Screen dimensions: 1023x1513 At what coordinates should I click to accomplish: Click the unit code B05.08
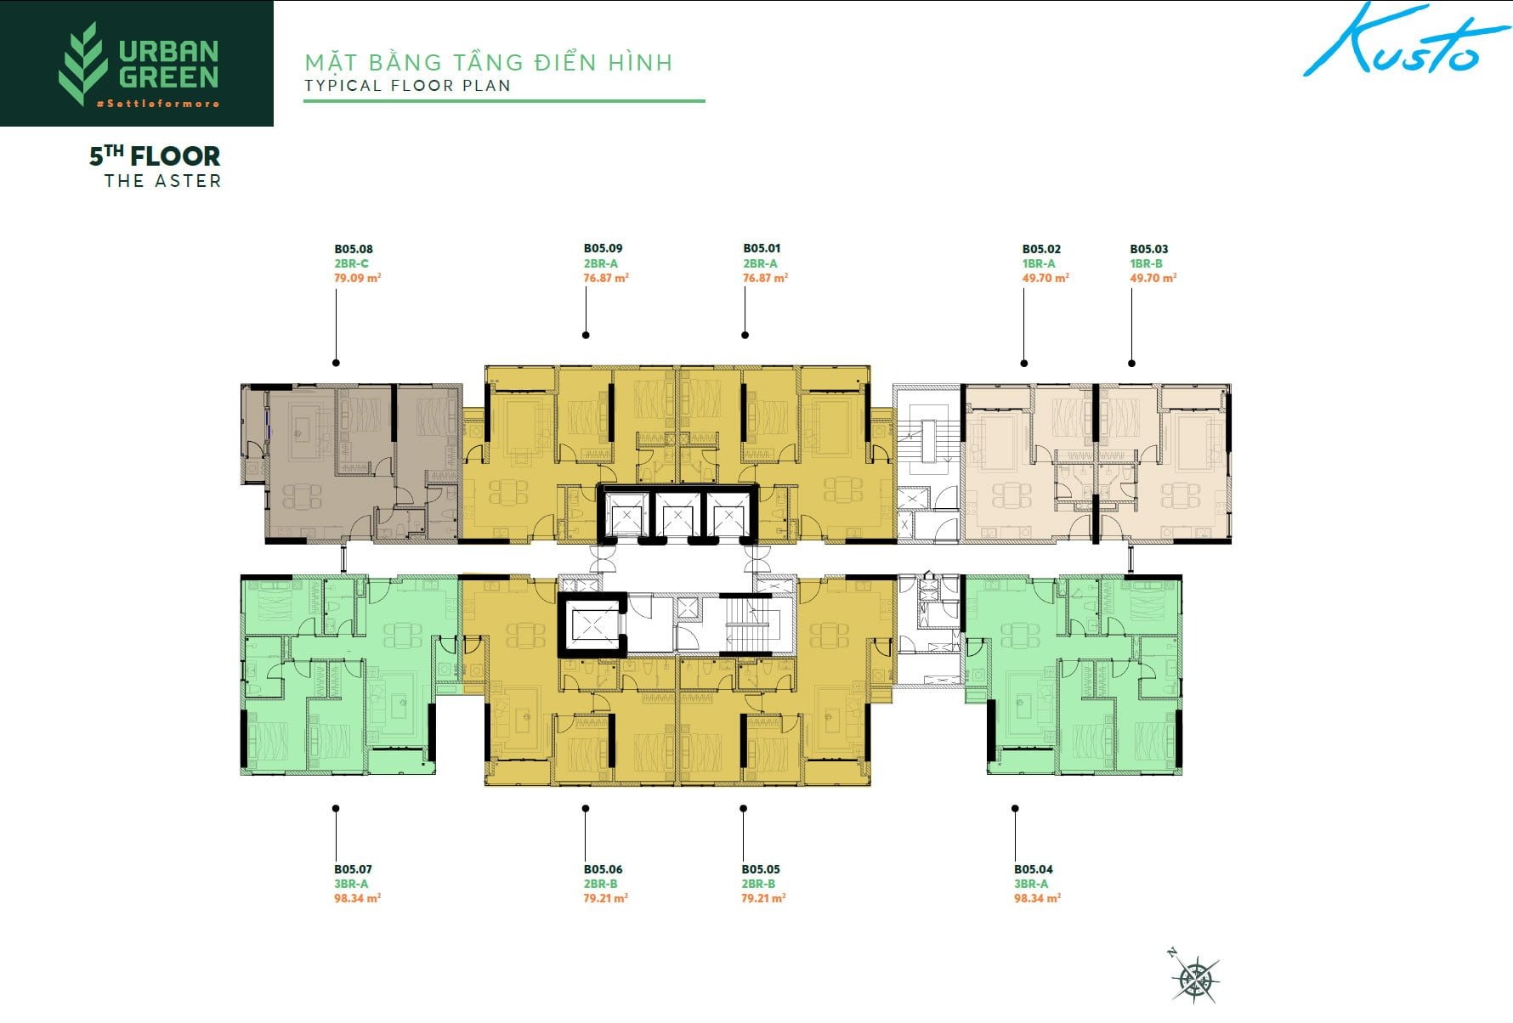(x=353, y=249)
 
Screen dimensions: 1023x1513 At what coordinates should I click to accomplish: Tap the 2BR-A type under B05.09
(x=600, y=263)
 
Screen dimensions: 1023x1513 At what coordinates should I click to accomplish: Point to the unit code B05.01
(x=761, y=248)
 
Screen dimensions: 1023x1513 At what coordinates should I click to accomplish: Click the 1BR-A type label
(x=1038, y=263)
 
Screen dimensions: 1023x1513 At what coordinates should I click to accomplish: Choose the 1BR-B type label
(x=1145, y=263)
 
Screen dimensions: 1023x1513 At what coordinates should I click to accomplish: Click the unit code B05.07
(x=353, y=869)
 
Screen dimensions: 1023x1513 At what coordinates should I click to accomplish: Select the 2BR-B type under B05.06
(x=600, y=884)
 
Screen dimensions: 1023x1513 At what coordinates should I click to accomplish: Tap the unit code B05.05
(x=760, y=869)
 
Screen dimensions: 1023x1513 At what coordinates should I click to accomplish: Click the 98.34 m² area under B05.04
(x=1037, y=898)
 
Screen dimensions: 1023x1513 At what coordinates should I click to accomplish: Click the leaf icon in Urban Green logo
(x=82, y=64)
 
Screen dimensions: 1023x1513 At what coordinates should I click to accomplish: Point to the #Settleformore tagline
(x=157, y=104)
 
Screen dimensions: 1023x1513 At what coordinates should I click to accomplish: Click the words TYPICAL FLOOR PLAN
(x=407, y=85)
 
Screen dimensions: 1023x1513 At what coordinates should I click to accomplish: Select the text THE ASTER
(x=162, y=181)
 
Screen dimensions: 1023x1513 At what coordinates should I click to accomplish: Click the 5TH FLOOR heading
(x=155, y=156)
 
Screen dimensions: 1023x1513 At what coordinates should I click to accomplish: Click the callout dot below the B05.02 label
(x=1023, y=363)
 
